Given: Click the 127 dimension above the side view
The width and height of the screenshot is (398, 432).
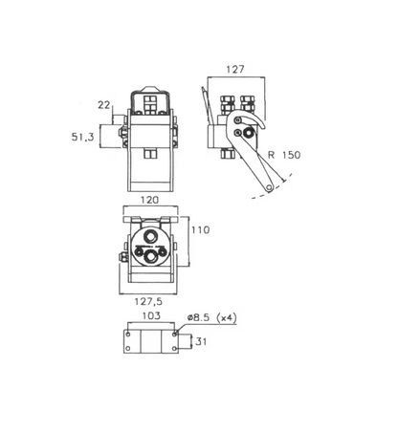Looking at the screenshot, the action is coord(235,69).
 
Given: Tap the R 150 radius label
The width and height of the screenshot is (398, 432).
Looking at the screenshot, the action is coord(284,155).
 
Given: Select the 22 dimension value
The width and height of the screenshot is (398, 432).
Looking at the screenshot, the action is coord(103,105).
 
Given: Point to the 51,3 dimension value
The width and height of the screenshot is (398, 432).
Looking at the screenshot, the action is coord(82,137).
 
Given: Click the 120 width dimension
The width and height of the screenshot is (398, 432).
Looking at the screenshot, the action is coord(149,200).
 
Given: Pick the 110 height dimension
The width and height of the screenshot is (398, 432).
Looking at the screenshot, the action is coord(200,229).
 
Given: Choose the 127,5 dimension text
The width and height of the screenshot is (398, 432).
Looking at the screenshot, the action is coord(148,301).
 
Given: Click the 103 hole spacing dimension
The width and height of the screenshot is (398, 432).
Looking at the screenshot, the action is coord(151,315).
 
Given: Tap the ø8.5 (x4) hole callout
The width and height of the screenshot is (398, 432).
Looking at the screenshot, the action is coord(212,317).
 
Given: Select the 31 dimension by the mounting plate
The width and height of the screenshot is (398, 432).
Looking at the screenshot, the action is coord(201,341).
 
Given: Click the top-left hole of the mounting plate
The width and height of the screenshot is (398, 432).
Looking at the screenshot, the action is coord(128,335).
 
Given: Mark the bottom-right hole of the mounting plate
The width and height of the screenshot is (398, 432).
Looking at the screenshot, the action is coord(174,349).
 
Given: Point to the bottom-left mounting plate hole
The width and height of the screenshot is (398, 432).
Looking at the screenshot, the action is coord(128,349).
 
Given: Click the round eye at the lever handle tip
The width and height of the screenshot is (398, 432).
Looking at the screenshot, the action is coord(270,187).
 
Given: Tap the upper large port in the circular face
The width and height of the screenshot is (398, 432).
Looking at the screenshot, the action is coord(149,236).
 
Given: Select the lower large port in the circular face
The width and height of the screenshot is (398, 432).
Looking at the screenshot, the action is coord(150,256).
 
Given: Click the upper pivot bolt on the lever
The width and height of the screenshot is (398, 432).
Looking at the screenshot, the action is coord(237,120).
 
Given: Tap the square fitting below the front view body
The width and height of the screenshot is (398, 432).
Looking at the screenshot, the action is coord(150,154).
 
